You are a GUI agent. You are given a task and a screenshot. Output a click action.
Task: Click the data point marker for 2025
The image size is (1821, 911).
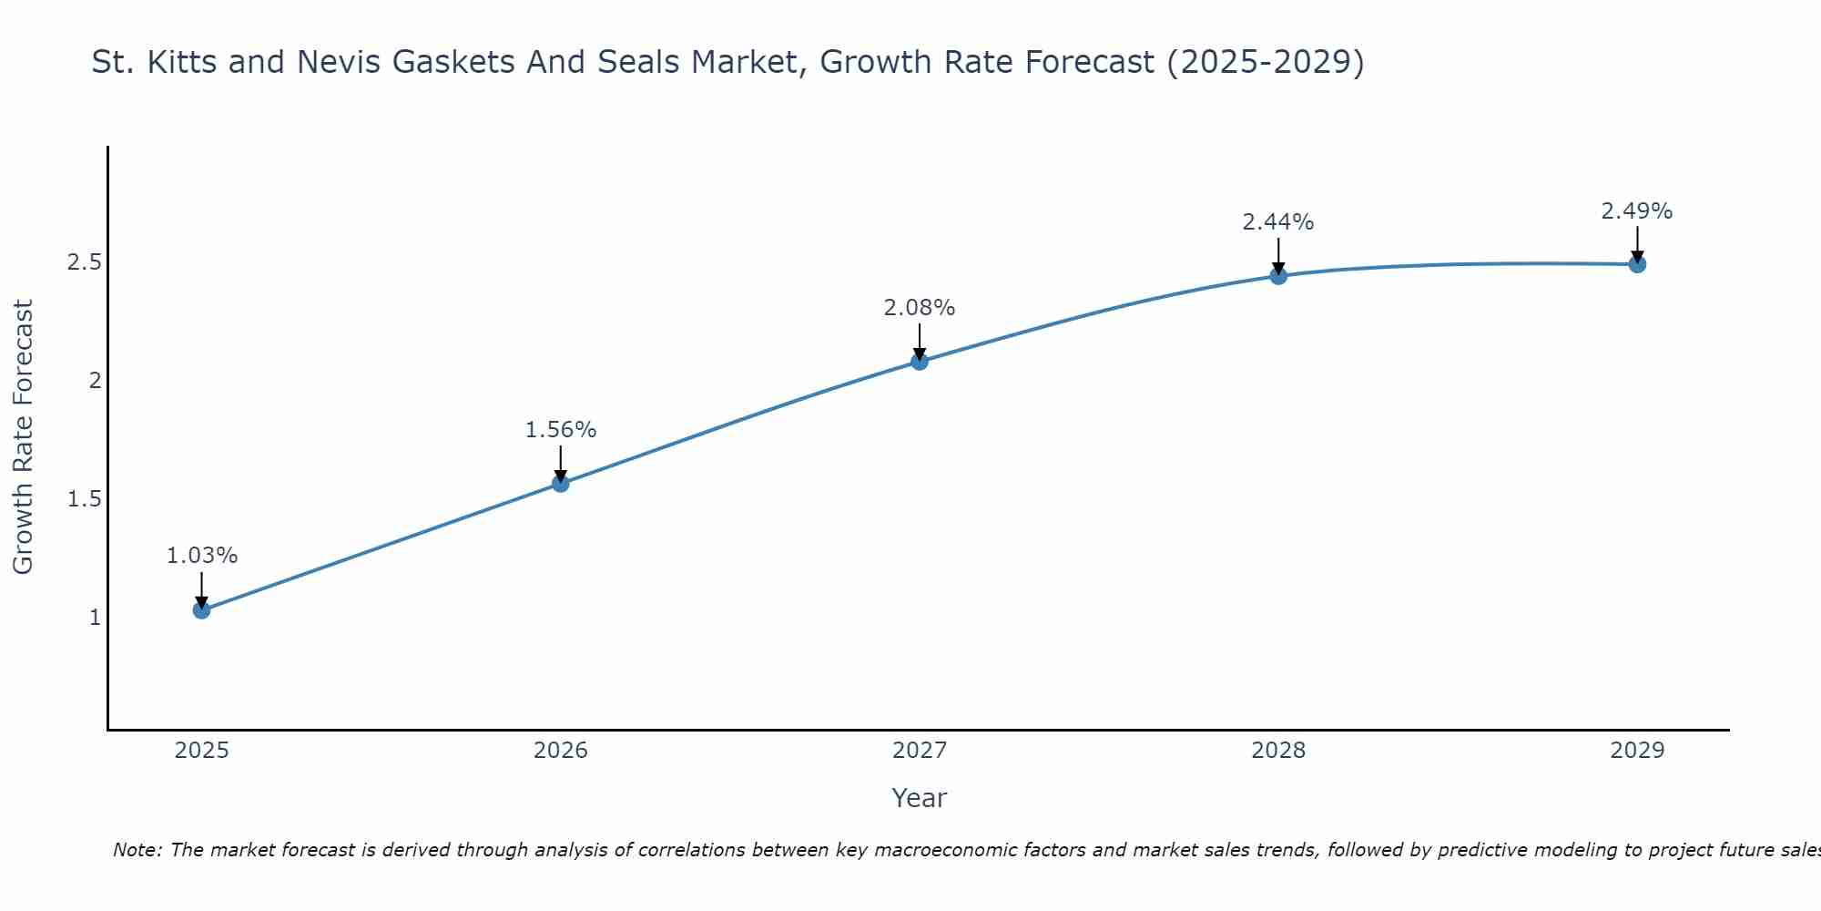pos(202,609)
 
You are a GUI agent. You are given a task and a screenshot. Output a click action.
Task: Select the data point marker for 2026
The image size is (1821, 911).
pos(561,483)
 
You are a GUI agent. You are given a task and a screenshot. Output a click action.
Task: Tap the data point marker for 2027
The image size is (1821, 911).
pos(920,361)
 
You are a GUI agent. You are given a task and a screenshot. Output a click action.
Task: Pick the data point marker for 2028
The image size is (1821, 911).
pos(1278,275)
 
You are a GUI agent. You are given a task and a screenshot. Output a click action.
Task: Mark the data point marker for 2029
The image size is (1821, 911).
pos(1637,264)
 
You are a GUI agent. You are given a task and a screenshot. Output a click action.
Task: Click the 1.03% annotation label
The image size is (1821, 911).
pos(202,556)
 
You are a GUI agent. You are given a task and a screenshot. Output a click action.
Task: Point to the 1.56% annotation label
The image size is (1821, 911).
pos(561,430)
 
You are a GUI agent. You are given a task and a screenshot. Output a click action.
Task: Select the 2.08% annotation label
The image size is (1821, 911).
pos(920,308)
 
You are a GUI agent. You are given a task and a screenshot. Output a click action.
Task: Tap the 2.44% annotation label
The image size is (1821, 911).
pos(1278,222)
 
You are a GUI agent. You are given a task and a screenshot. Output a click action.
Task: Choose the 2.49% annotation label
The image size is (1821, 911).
pos(1637,211)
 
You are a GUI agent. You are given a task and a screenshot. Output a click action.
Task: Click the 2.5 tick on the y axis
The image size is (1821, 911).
pos(84,262)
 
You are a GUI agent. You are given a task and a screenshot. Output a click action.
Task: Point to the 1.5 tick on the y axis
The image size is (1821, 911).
pos(84,499)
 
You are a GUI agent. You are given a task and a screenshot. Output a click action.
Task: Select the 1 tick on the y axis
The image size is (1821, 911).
pos(95,618)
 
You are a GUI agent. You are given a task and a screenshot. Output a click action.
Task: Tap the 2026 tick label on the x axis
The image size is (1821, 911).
pos(561,751)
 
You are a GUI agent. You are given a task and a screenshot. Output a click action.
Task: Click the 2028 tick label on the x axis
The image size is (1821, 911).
pos(1278,751)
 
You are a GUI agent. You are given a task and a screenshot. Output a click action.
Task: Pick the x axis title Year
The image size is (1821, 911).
pos(920,798)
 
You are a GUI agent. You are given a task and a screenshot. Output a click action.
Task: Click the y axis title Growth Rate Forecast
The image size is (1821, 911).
pos(23,437)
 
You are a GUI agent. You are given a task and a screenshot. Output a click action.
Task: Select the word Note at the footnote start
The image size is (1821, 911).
pos(137,850)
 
